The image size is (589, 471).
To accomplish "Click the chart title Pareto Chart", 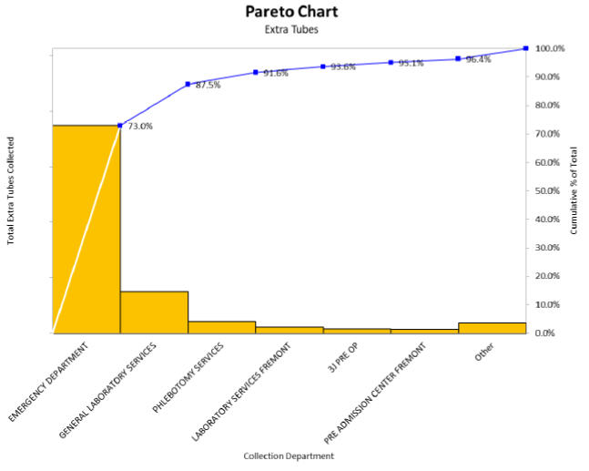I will (x=291, y=12).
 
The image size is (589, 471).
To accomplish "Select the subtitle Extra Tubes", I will (x=291, y=29).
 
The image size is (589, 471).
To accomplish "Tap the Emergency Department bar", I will (x=86, y=228).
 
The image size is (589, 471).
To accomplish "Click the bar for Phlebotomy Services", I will (x=221, y=327).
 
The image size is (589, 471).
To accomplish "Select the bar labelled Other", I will (x=492, y=328).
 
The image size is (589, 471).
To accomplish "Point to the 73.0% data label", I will (x=139, y=127).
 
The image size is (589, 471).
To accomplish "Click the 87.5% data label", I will (x=208, y=85).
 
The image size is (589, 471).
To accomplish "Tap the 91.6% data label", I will (x=275, y=73).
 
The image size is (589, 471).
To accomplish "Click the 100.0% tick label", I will (x=551, y=48).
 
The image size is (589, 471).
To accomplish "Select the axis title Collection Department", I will (x=289, y=455).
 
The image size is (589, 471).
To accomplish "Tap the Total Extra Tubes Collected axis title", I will (x=11, y=190).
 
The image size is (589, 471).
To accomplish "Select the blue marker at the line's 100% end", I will (x=525, y=48).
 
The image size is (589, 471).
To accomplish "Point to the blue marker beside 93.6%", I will (x=323, y=67).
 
